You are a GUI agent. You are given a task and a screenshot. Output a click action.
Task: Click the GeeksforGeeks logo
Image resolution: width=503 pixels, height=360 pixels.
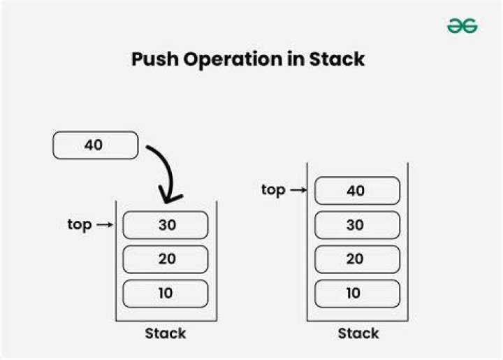tap(462, 26)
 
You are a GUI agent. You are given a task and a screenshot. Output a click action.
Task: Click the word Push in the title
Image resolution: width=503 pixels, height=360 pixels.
tap(154, 59)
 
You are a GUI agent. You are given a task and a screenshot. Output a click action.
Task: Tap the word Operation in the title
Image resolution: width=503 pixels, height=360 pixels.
tap(233, 60)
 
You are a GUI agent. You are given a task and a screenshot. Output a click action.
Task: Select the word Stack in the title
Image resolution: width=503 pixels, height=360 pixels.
tap(337, 59)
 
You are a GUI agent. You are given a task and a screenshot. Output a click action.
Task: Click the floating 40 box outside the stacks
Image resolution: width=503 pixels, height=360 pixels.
tap(95, 145)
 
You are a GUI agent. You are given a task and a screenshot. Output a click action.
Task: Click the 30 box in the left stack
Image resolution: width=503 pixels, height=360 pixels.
tap(166, 225)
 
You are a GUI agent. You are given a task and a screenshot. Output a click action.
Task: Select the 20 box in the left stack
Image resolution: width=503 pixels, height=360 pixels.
tap(166, 259)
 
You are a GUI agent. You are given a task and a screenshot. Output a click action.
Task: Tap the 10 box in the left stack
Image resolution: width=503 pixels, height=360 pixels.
tap(166, 294)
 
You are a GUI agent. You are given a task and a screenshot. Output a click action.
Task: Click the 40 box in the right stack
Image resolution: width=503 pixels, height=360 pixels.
tap(358, 191)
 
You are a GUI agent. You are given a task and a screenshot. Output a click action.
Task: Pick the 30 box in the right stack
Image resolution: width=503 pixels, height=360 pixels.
tap(358, 225)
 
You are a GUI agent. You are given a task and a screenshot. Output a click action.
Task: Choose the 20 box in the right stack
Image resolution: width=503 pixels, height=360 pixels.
tap(358, 259)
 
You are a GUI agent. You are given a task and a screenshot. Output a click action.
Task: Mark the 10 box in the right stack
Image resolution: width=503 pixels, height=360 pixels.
tap(358, 294)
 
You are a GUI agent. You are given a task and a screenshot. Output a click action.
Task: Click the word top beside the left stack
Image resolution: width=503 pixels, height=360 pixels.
tap(80, 225)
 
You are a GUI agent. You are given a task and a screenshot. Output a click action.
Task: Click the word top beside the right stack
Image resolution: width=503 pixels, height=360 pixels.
tap(273, 190)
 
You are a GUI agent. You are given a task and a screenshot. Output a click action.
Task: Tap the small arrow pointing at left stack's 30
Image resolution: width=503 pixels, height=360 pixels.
tap(105, 225)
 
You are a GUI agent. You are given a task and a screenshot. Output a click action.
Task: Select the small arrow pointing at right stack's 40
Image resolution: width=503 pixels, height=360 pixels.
tap(299, 190)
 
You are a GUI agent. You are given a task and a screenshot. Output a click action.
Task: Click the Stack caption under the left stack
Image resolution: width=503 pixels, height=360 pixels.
tap(166, 333)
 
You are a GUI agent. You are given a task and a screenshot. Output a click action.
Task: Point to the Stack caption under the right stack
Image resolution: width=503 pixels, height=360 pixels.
tap(358, 333)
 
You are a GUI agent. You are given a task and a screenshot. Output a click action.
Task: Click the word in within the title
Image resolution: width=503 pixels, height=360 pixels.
tap(296, 59)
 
